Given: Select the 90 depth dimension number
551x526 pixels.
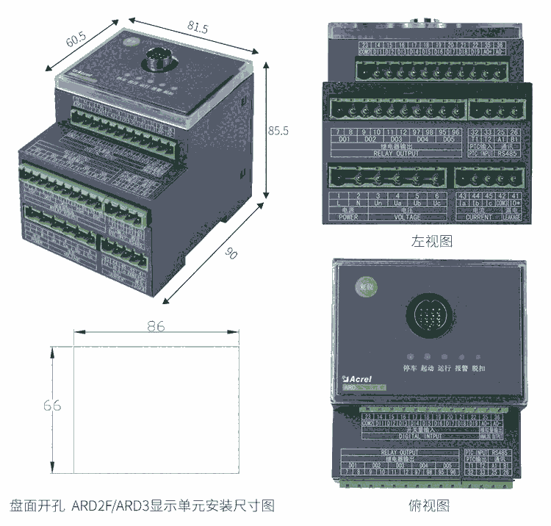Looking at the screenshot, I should pyautogui.click(x=231, y=254).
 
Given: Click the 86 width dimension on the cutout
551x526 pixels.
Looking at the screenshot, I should pyautogui.click(x=156, y=328).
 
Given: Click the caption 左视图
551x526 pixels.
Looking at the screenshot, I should pyautogui.click(x=431, y=241).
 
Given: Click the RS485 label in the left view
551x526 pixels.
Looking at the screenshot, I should pyautogui.click(x=505, y=154).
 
